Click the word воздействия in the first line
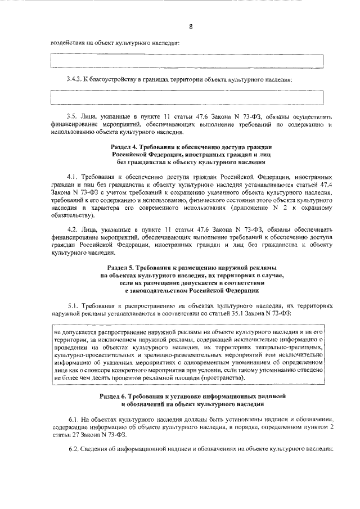pos(67,43)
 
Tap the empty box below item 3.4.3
pos(187,97)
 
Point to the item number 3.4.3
pos(75,79)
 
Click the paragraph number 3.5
pos(73,115)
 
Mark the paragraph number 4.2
pos(73,229)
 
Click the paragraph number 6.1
pos(73,420)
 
